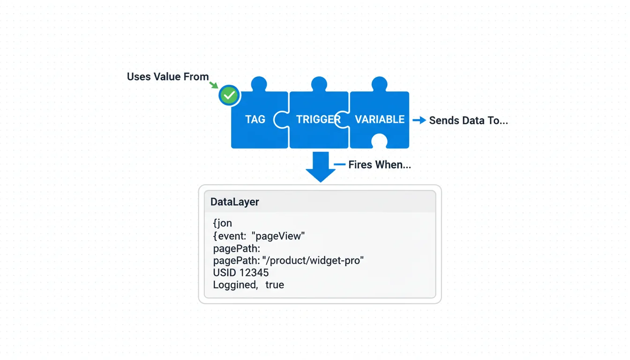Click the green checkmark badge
pyautogui.click(x=229, y=96)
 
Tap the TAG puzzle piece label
pyautogui.click(x=255, y=120)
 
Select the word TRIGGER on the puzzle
pyautogui.click(x=318, y=120)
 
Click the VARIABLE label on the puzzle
pyautogui.click(x=380, y=120)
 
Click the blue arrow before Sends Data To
pyautogui.click(x=419, y=120)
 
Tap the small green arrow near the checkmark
pyautogui.click(x=214, y=85)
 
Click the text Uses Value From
pyautogui.click(x=168, y=77)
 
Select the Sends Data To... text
pyautogui.click(x=468, y=120)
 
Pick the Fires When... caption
pyautogui.click(x=379, y=165)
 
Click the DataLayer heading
pyautogui.click(x=234, y=202)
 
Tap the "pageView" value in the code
pyautogui.click(x=278, y=236)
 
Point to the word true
pyautogui.click(x=274, y=285)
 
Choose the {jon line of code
pyautogui.click(x=223, y=224)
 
